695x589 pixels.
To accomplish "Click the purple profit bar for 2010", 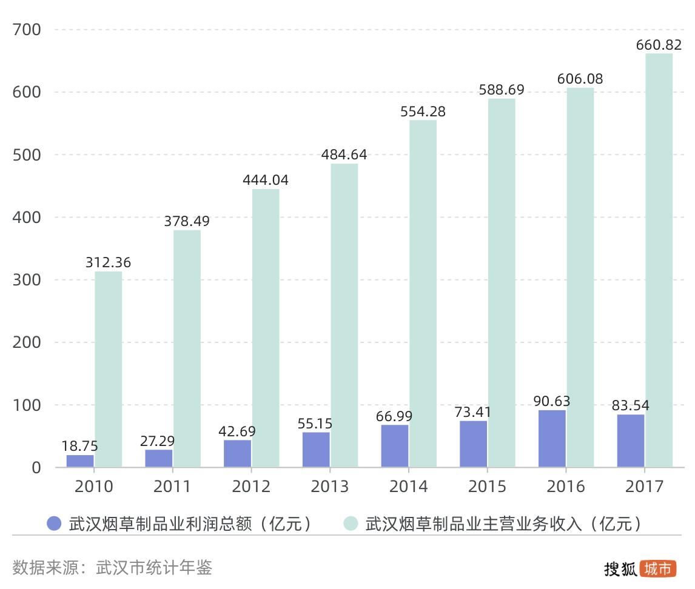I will click(80, 461).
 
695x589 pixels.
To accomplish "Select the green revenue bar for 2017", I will click(659, 261).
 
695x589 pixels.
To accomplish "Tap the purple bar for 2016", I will click(552, 439).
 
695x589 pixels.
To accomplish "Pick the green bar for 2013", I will click(344, 315).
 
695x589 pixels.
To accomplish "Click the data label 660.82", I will click(659, 45).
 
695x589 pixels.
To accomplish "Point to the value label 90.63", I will click(552, 401).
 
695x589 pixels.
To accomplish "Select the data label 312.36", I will click(108, 263).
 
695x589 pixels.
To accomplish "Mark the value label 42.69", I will click(237, 431).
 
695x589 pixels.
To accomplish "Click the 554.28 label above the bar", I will click(423, 111).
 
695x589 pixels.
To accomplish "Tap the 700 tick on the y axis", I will click(27, 29).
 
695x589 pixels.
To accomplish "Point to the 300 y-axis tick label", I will click(27, 280).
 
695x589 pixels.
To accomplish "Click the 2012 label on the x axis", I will click(251, 487).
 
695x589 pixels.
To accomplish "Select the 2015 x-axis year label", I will click(488, 487).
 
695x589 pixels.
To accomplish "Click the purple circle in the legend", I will click(55, 524).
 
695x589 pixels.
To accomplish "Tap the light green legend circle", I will click(351, 524).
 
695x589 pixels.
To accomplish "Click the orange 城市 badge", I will click(658, 568).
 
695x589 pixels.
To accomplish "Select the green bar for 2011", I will click(187, 348).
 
